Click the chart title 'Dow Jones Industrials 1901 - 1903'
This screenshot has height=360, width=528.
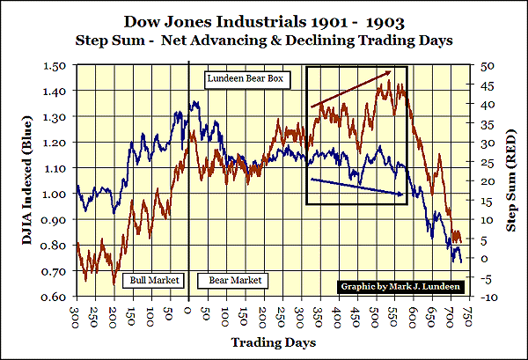(263, 19)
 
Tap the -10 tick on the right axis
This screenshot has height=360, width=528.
(488, 298)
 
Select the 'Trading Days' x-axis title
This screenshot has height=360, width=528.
(274, 341)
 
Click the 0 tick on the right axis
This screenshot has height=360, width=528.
(485, 259)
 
